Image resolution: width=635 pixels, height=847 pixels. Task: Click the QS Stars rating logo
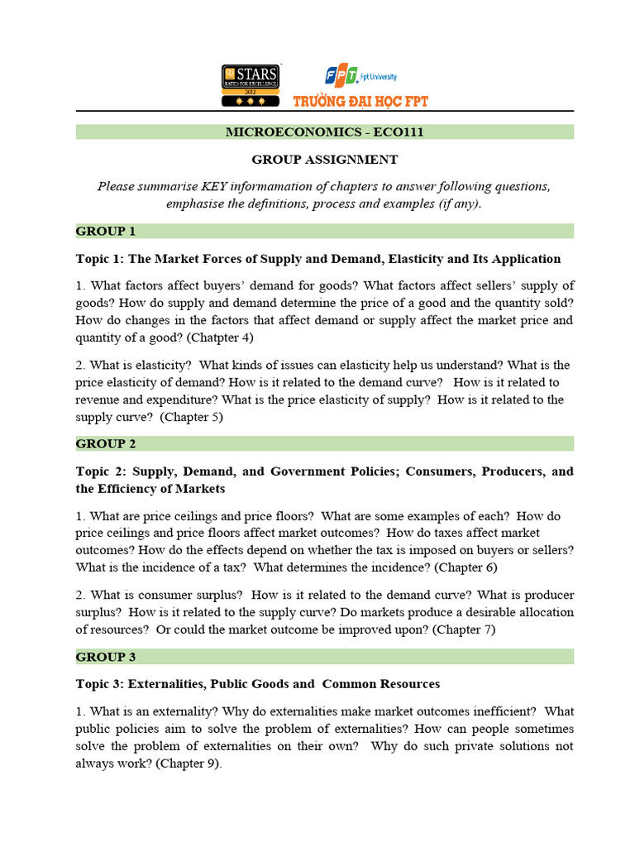250,85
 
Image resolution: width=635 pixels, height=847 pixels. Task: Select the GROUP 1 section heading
106,231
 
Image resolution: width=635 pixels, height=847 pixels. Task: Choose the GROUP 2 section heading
106,443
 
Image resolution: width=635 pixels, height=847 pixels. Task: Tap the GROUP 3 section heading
106,657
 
